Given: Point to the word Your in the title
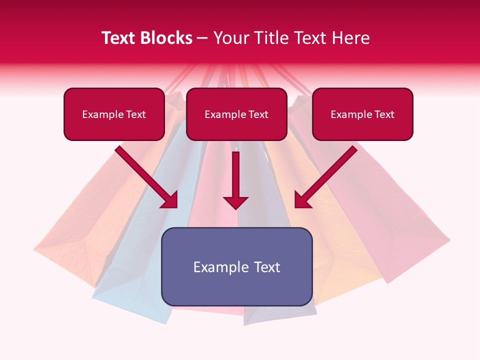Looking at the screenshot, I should [x=230, y=38].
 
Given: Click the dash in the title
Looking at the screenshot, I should [x=202, y=38].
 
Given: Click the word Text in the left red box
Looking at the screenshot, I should [x=135, y=114].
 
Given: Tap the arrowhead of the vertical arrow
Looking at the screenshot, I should [x=235, y=202].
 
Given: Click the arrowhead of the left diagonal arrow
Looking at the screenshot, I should [x=170, y=200].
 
